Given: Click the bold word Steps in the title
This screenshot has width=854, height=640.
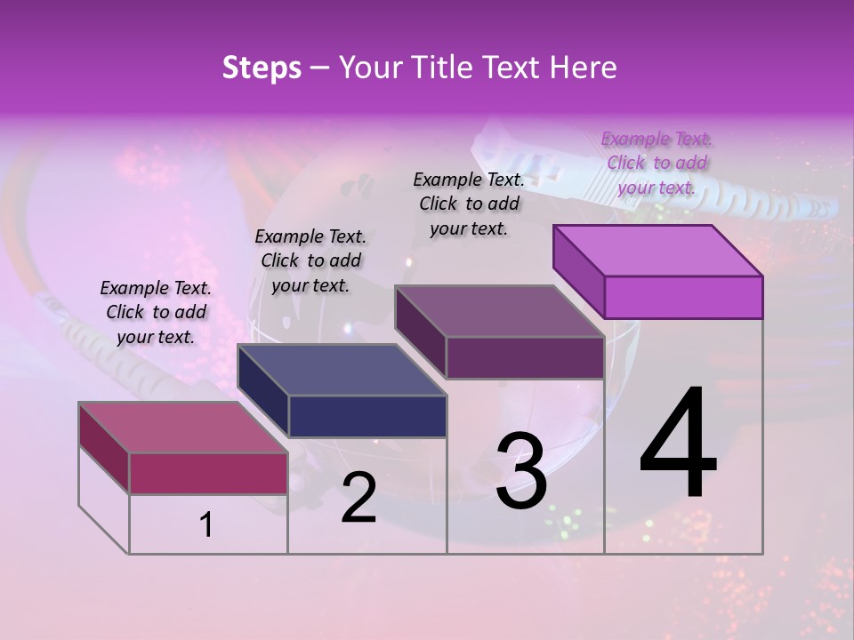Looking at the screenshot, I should click(x=262, y=68).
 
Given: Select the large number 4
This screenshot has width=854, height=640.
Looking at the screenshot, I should click(x=679, y=444).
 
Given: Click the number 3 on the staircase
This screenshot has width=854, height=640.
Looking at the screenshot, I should click(x=521, y=471).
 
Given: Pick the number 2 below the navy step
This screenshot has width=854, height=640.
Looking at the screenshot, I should click(x=359, y=498).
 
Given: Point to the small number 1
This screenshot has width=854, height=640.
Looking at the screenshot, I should click(x=206, y=524).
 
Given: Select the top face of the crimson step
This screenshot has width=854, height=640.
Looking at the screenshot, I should click(x=183, y=428).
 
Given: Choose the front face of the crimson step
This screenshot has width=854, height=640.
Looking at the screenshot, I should click(x=208, y=473).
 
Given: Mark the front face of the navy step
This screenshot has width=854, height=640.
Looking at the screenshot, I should click(x=367, y=416).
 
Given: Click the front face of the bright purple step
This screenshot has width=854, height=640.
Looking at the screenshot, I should click(x=683, y=297).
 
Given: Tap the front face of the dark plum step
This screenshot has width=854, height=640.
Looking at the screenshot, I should click(x=525, y=357).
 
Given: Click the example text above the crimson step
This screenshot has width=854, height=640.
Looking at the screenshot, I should click(x=156, y=312).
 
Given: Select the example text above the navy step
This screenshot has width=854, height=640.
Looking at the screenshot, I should click(x=310, y=260).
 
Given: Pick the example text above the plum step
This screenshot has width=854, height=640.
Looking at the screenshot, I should click(x=469, y=204).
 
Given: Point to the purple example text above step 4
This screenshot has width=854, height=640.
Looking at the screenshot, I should click(x=657, y=163).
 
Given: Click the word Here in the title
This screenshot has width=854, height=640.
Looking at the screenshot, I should click(x=585, y=68).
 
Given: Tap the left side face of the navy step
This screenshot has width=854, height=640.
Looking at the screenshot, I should click(x=263, y=391).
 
